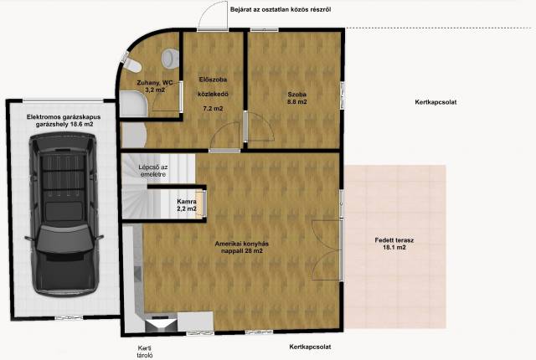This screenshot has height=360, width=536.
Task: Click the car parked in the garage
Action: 64,213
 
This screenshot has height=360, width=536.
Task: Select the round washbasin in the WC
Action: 170,58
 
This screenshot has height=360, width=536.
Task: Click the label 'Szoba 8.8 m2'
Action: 296,98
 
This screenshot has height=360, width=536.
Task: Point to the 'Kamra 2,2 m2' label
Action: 187,205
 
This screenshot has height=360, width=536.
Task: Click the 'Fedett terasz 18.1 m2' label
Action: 394,244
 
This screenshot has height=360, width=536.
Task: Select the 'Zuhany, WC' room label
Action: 155,82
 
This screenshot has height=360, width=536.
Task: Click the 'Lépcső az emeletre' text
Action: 152,171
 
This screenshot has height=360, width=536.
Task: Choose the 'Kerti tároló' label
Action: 145,352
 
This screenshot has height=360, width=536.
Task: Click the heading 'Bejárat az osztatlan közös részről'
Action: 281,9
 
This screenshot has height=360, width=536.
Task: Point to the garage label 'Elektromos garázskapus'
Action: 64,117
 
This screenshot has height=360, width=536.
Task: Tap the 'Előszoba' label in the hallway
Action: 213,80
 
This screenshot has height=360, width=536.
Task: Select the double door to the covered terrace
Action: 327,250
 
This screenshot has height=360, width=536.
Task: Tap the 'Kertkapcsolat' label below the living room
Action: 310,347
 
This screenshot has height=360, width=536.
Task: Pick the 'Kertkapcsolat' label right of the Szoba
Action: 435,102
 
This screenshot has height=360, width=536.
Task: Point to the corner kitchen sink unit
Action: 161,324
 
